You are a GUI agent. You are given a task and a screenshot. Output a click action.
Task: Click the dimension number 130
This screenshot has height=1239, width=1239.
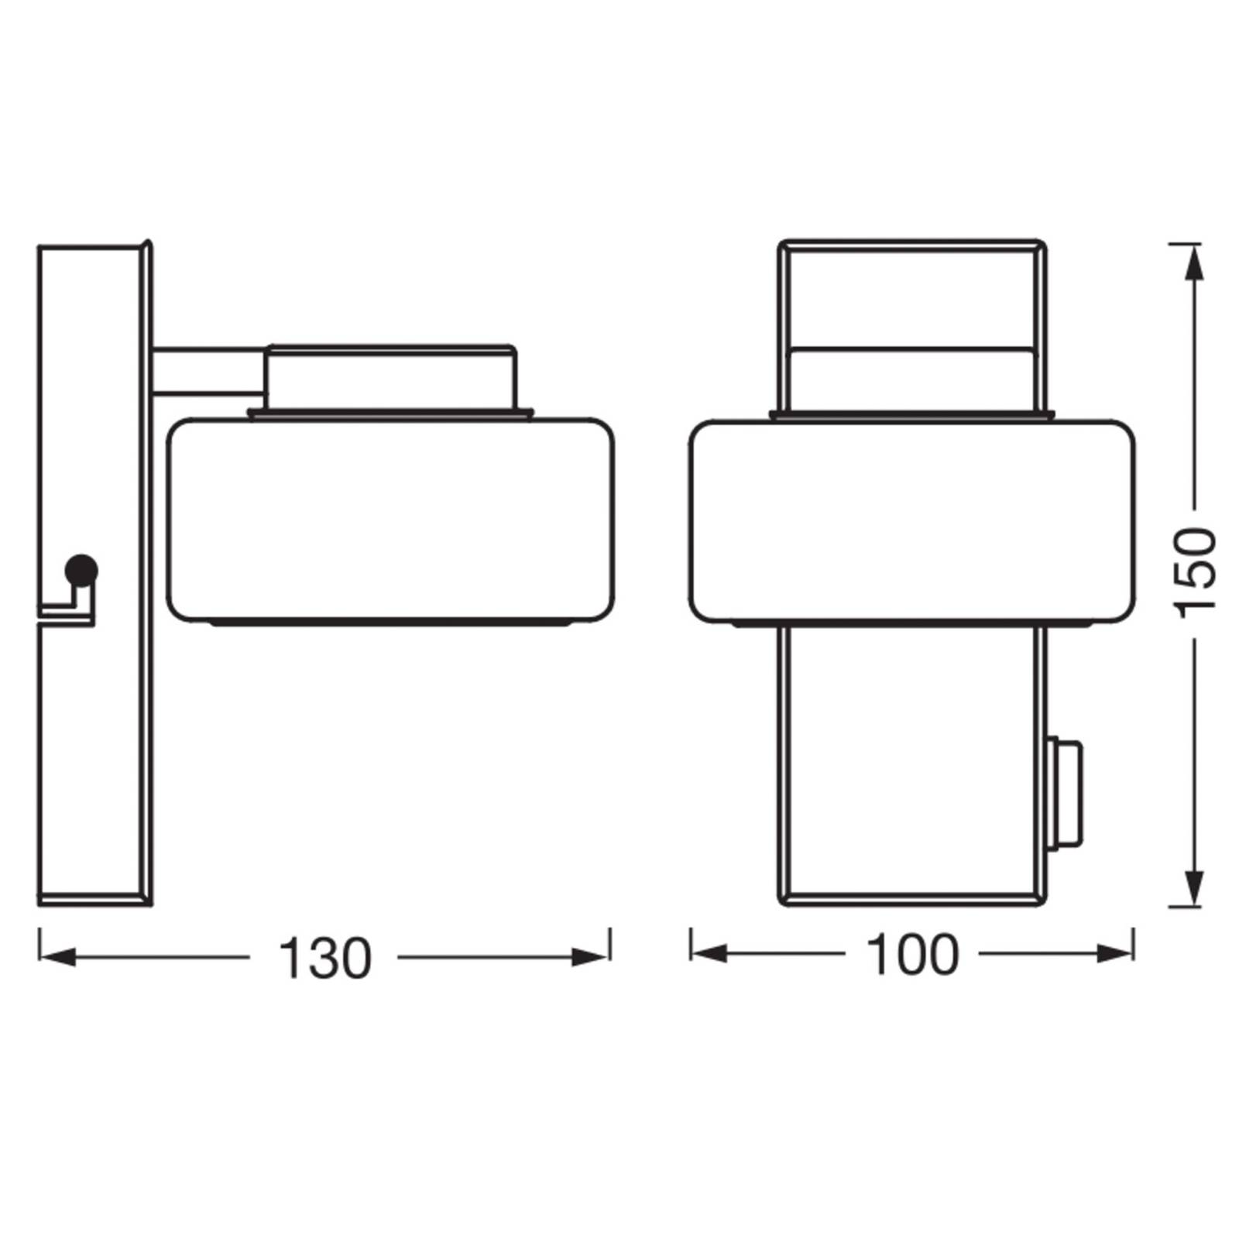(324, 959)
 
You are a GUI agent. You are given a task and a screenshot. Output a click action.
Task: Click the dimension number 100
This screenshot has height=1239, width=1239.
(912, 955)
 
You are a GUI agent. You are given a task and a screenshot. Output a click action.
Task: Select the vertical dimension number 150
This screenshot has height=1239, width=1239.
(1195, 572)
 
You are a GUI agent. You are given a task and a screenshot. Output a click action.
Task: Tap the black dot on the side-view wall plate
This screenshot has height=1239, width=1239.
(81, 571)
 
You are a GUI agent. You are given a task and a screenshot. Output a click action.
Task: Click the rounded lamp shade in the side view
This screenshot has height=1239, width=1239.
(391, 519)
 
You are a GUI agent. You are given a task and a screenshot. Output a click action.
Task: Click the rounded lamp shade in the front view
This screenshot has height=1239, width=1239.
(912, 519)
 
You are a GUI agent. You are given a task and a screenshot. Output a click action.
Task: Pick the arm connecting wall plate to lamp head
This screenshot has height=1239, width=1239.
(208, 370)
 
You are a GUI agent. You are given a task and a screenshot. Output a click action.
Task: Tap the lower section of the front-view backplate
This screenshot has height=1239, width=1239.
(912, 763)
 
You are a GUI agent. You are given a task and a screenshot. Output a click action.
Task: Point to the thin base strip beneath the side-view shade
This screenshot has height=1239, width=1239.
(391, 622)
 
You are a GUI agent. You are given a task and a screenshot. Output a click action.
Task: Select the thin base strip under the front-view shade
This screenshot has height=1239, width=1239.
(912, 623)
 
